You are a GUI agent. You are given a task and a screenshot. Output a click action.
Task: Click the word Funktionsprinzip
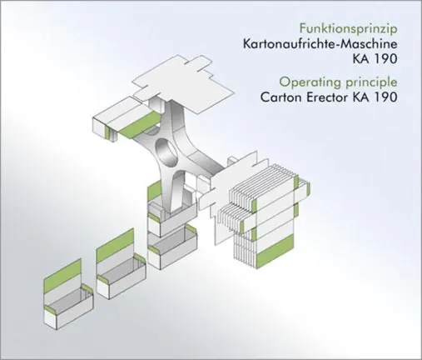(x=348, y=28)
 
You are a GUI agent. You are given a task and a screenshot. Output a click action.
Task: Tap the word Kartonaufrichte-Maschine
(x=320, y=44)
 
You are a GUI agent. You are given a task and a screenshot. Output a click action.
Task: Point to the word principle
(x=370, y=82)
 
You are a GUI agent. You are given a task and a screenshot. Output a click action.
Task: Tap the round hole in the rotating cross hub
(x=166, y=152)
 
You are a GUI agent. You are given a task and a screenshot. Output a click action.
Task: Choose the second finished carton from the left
(x=122, y=269)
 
